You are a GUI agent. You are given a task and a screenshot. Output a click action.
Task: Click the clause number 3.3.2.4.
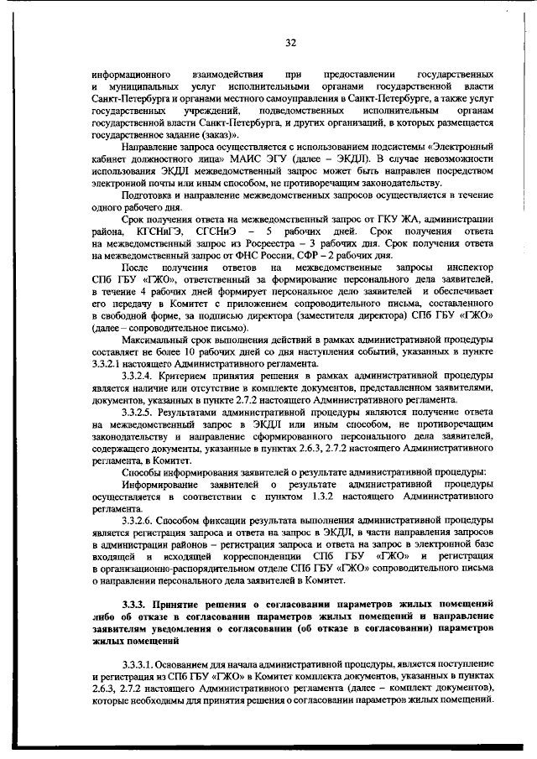(141, 377)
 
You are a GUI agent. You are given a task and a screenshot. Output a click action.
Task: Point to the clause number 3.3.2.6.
(141, 521)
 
